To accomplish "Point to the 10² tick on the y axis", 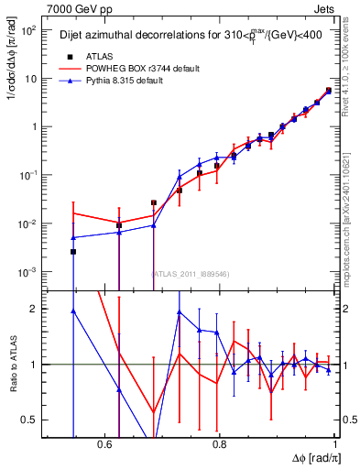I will click(x=30, y=30).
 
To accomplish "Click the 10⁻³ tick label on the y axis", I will click(x=30, y=273).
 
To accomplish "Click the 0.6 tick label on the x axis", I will click(x=97, y=443).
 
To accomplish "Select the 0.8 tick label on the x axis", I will click(x=219, y=443).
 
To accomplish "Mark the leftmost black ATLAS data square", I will click(x=73, y=251).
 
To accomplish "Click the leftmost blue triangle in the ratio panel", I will click(x=73, y=311).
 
